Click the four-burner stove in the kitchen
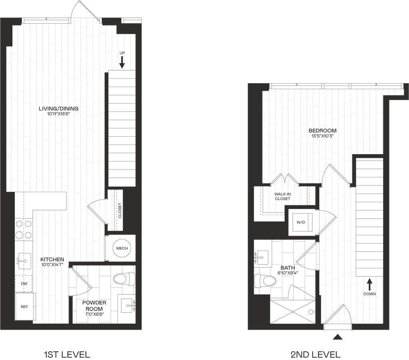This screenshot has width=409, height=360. coord(24,230)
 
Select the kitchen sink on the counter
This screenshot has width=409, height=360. coord(24,262)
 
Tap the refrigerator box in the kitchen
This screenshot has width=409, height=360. coord(24,306)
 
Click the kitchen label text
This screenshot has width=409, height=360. coord(52,262)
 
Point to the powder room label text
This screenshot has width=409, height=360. coord(95,308)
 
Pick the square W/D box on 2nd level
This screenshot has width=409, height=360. coord(302,222)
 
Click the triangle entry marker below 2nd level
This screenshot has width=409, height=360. coord(338,337)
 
